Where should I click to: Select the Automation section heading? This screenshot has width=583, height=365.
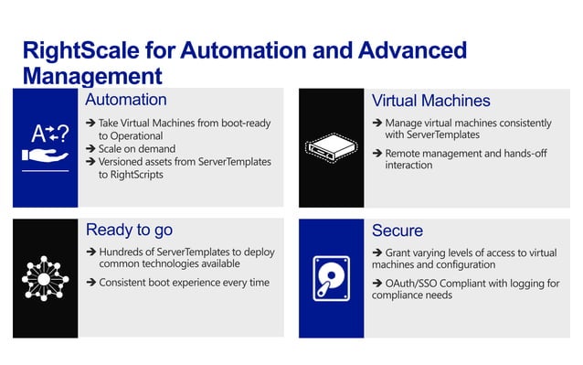coord(125,100)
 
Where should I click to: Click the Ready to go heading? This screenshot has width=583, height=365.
coord(129,230)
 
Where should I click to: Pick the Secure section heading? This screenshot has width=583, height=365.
coord(397,230)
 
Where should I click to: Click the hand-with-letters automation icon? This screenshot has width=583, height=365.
coord(45,146)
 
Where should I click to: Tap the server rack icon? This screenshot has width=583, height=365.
coord(331,145)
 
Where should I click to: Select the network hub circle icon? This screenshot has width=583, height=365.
coord(45,277)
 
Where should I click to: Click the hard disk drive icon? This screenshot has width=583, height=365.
coord(331,277)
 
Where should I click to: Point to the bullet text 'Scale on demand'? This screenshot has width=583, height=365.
coord(138,148)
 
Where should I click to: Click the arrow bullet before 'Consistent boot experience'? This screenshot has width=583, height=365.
coord(91,283)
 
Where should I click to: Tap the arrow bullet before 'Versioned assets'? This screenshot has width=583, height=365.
coord(91,162)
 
